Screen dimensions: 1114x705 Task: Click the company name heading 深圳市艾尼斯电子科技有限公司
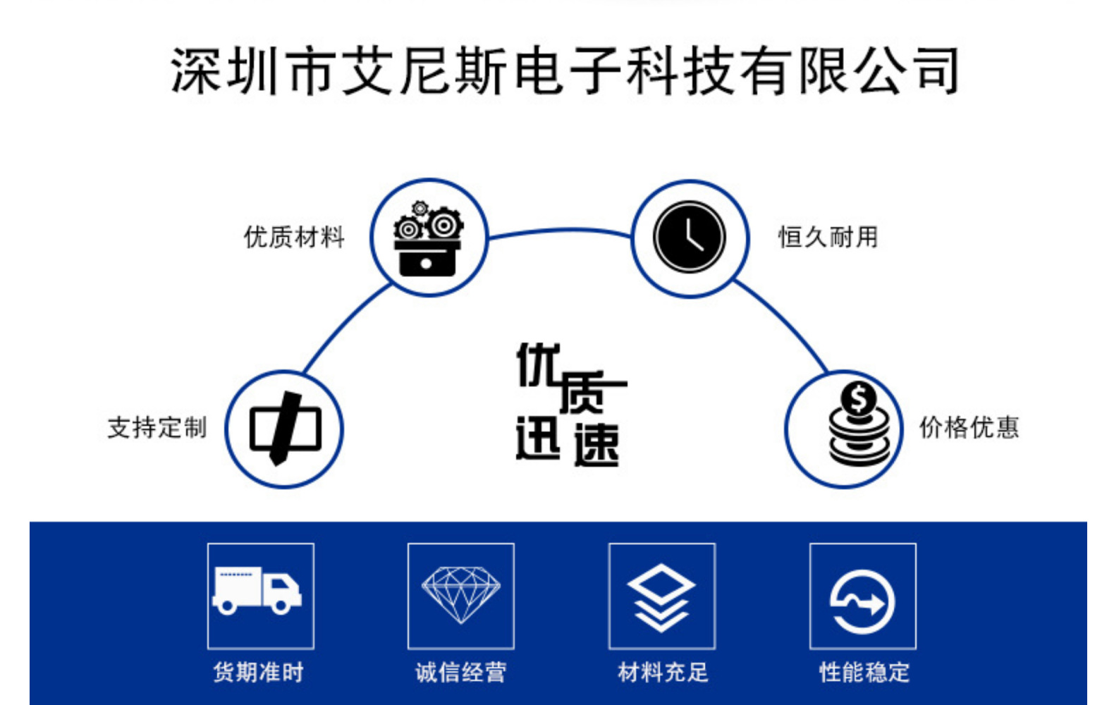click(x=564, y=71)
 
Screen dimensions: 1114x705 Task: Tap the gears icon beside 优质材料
click(x=428, y=238)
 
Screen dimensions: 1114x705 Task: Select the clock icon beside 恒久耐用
click(x=689, y=238)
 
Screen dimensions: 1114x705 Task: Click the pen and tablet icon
click(x=285, y=429)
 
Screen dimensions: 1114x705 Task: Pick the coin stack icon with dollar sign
click(x=859, y=424)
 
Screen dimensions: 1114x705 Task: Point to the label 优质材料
click(x=294, y=238)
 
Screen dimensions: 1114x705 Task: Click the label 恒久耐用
click(x=828, y=238)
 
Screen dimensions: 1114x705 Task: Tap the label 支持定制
click(x=157, y=428)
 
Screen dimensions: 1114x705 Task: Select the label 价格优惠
click(x=969, y=428)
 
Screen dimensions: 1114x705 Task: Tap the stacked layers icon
click(x=661, y=596)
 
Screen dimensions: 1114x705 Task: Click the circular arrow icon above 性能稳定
click(x=863, y=601)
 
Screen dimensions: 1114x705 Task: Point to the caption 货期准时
click(x=258, y=673)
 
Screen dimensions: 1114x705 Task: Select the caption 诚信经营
click(x=461, y=673)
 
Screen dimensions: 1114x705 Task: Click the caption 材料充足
click(x=663, y=673)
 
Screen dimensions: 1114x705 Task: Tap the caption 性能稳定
click(x=864, y=673)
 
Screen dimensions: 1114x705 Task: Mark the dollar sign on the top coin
click(x=858, y=399)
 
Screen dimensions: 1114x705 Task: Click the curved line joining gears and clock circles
click(x=561, y=230)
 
